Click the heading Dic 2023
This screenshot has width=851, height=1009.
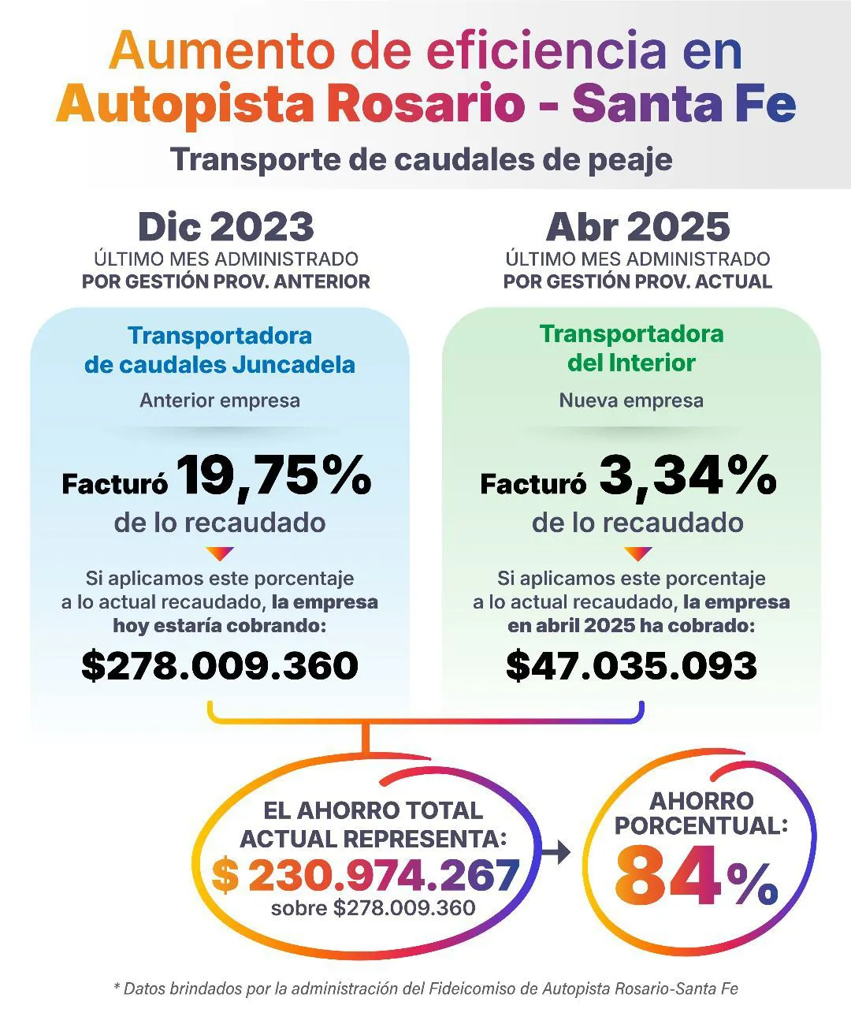(225, 227)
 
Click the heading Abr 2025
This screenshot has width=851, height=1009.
(637, 227)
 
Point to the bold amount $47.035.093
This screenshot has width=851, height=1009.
(631, 665)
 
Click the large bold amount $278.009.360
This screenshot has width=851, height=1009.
(220, 665)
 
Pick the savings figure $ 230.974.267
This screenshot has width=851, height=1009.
(366, 875)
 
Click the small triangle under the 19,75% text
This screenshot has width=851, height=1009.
(220, 553)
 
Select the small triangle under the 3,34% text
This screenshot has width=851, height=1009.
(637, 553)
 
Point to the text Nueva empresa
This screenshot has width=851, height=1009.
(631, 400)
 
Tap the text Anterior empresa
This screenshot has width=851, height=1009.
(220, 400)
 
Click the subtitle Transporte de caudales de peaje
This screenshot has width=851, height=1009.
(422, 159)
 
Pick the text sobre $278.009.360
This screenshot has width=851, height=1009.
(373, 908)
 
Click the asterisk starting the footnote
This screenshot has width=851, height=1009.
(117, 987)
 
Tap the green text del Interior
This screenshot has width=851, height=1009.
(631, 363)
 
